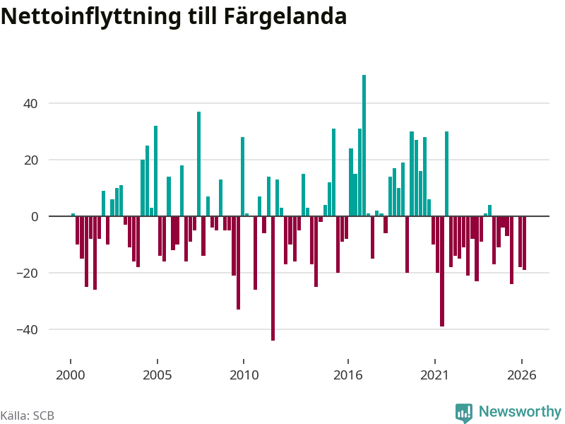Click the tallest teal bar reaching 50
[364, 146]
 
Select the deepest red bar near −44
[273, 278]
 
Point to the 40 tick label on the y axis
[30, 104]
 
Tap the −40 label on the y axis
[27, 329]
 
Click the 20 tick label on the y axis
[30, 160]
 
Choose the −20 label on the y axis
[27, 273]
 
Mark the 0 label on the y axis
[35, 217]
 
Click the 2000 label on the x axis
[70, 375]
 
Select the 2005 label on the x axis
[157, 375]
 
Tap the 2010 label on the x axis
[244, 375]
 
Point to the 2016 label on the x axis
[347, 375]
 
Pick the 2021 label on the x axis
[434, 375]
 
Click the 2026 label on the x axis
[521, 375]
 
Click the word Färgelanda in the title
[285, 16]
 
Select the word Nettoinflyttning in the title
[91, 16]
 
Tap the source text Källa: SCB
[28, 416]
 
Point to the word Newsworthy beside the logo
[520, 411]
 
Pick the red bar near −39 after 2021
[442, 271]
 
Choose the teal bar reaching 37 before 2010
[199, 164]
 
